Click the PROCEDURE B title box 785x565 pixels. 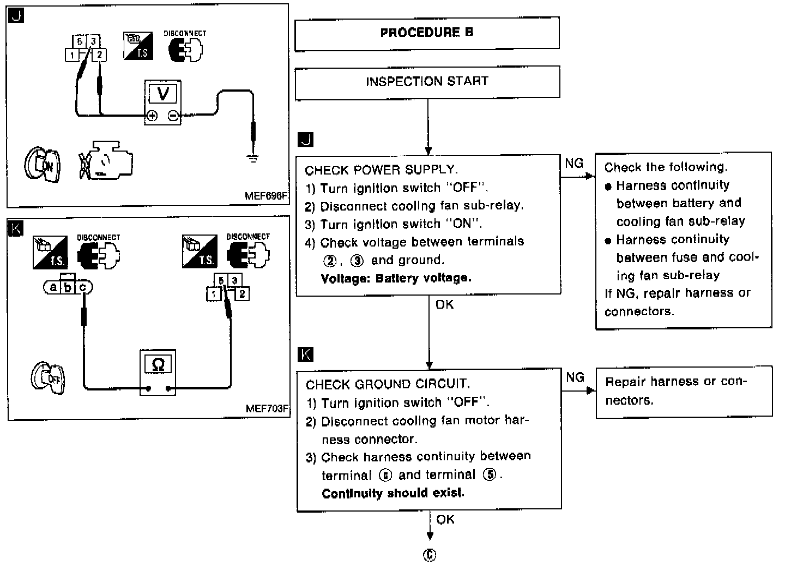[427, 33]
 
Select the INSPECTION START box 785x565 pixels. [427, 82]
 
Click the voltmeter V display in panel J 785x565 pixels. [162, 94]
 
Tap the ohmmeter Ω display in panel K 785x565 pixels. [158, 364]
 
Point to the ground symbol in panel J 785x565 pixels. [252, 159]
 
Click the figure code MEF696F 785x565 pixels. [266, 196]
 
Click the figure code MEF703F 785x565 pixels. [267, 408]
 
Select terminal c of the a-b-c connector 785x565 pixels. [82, 287]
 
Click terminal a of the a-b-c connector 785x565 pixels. [53, 287]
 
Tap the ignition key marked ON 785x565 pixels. [43, 164]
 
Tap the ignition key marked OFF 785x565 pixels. [48, 377]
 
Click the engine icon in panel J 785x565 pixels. [106, 161]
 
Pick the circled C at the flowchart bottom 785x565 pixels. [430, 555]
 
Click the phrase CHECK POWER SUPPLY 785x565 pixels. [382, 170]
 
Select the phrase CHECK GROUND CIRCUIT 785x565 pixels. [388, 384]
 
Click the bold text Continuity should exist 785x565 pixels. [393, 494]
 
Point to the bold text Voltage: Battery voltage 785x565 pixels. [396, 278]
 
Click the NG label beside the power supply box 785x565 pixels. [574, 163]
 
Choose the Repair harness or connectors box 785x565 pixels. [684, 391]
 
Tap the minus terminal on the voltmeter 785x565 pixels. [173, 116]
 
